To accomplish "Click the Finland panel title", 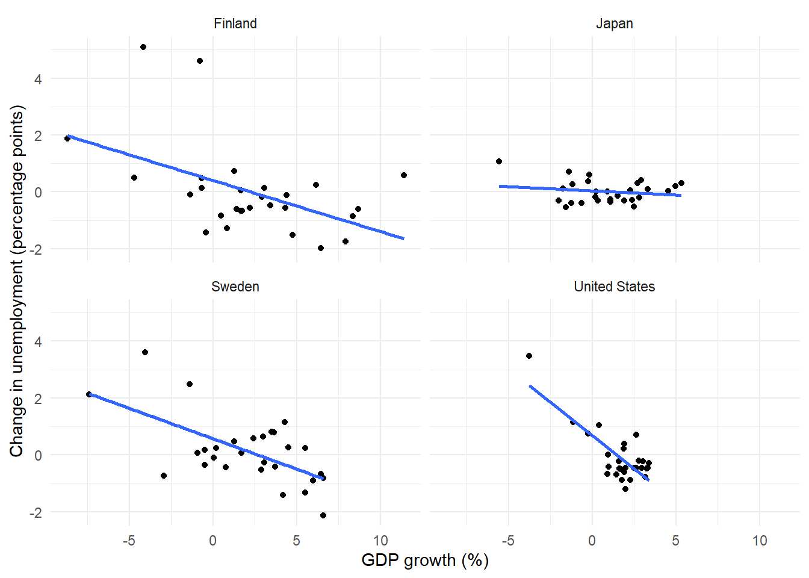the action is (235, 23).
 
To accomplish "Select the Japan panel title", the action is (615, 24).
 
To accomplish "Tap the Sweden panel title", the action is (235, 287).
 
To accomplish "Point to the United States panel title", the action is (615, 287).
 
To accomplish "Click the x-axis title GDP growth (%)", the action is (425, 561).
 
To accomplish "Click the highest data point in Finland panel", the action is (143, 47).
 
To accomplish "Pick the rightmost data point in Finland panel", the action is (404, 175).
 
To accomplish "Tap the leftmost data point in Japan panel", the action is (499, 161).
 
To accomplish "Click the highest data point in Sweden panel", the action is (145, 352).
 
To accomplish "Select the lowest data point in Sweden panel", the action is (323, 515).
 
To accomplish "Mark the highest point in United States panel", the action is (529, 356).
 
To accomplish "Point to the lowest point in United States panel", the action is (625, 489).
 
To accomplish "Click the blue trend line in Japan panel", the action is (590, 191).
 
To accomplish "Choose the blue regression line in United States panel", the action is (589, 433).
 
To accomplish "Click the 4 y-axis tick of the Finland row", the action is (38, 79).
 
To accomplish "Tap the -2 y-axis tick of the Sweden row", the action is (36, 512).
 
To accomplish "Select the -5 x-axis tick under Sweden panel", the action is (129, 541).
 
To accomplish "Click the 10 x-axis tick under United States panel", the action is (760, 541).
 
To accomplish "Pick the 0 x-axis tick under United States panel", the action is (592, 541).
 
